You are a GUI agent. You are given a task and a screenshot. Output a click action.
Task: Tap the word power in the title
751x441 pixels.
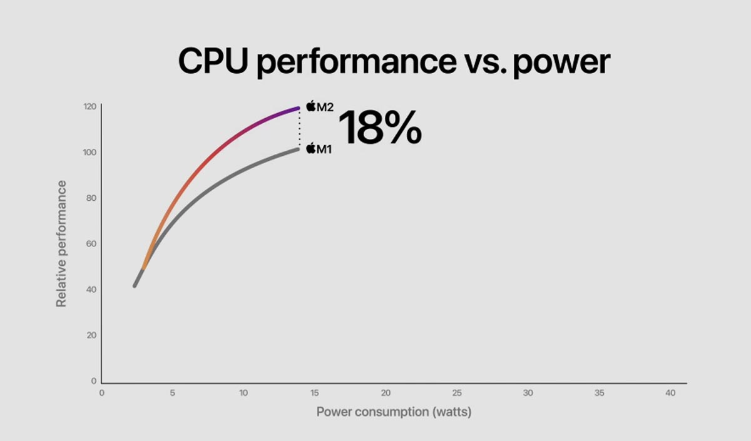pyautogui.click(x=561, y=63)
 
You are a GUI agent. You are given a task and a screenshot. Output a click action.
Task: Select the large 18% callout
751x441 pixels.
pyautogui.click(x=380, y=128)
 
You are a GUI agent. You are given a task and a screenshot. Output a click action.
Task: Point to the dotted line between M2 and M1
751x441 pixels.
pyautogui.click(x=299, y=128)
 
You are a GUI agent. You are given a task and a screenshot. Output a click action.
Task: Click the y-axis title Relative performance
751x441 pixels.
pyautogui.click(x=61, y=243)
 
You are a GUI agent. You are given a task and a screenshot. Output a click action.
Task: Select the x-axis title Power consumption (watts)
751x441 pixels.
pyautogui.click(x=394, y=412)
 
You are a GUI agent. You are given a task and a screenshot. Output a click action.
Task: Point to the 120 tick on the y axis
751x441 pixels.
pyautogui.click(x=89, y=106)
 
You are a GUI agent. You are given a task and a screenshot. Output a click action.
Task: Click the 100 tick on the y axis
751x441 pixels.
pyautogui.click(x=89, y=152)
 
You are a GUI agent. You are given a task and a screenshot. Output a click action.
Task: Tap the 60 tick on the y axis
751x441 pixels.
pyautogui.click(x=91, y=243)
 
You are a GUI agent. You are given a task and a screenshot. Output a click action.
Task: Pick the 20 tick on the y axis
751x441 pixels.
pyautogui.click(x=91, y=335)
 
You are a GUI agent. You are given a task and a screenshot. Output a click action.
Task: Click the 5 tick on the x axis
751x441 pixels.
pyautogui.click(x=173, y=393)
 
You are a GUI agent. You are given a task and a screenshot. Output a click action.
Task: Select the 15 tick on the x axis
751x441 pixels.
pyautogui.click(x=314, y=393)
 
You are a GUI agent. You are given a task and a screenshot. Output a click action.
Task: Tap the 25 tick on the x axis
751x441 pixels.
pyautogui.click(x=457, y=393)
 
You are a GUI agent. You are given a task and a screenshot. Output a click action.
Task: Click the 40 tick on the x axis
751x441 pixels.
pyautogui.click(x=670, y=393)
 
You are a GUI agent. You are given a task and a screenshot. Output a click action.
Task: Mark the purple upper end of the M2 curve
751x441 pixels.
pyautogui.click(x=297, y=109)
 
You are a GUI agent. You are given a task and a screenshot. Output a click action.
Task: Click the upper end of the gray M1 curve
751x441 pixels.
pyautogui.click(x=297, y=149)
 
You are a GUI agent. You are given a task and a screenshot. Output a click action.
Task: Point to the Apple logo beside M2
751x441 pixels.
pyautogui.click(x=310, y=106)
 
